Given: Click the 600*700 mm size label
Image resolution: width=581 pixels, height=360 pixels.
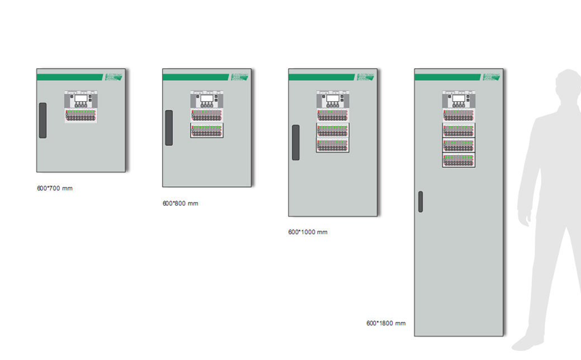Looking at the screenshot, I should [55, 188].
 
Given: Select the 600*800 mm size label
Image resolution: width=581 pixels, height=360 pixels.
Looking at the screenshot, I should [180, 203].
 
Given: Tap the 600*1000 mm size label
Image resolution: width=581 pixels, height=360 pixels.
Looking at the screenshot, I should [308, 232].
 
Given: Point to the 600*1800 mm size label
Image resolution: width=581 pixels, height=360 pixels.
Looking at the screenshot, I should [386, 323].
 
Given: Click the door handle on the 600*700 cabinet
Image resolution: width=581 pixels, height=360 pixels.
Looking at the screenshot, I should [42, 120].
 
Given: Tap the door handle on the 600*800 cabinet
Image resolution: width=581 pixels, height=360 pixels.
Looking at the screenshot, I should [169, 127].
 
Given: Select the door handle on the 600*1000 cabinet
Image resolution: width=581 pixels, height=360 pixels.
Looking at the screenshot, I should [296, 142].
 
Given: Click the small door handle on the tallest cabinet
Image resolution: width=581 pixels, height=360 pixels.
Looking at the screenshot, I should [421, 201].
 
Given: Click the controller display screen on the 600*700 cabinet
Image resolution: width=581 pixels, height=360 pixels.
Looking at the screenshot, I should [81, 98].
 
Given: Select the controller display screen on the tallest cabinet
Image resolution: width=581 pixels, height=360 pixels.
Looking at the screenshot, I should [459, 98].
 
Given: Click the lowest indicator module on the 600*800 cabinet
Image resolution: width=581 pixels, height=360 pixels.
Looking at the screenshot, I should [207, 131].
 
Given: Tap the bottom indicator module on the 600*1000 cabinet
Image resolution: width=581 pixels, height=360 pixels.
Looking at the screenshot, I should [332, 145].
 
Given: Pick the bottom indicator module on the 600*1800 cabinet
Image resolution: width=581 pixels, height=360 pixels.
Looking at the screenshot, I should [459, 160].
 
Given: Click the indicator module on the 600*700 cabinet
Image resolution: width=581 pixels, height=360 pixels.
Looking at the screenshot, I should [81, 116].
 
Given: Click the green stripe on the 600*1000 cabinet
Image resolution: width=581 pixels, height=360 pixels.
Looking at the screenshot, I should [321, 77].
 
